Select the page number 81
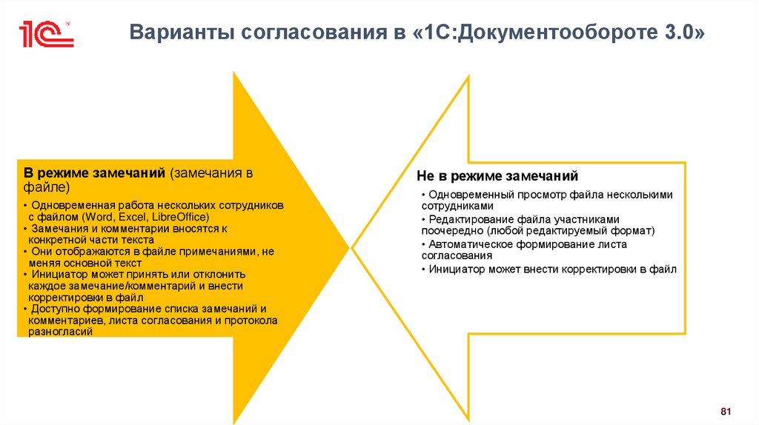click(x=726, y=411)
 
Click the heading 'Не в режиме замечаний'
click(x=497, y=177)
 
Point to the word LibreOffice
click(x=180, y=217)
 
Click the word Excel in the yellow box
click(x=132, y=217)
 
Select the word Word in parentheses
click(x=96, y=217)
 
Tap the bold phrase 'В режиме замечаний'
click(x=93, y=173)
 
